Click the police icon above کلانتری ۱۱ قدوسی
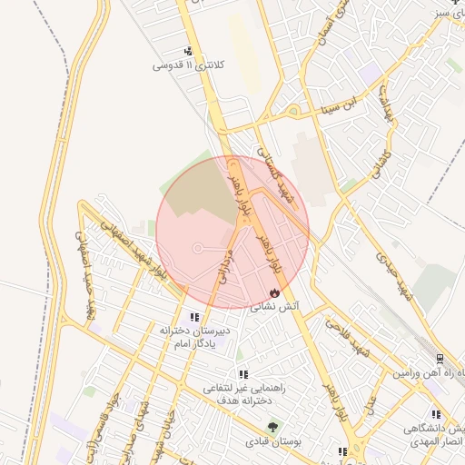tap(188, 52)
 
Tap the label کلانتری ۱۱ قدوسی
tap(188, 65)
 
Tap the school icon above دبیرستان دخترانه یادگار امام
tap(194, 317)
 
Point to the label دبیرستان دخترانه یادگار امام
tap(198, 336)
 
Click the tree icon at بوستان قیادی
tap(271, 428)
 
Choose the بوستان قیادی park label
tap(271, 442)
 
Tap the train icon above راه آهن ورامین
tap(440, 360)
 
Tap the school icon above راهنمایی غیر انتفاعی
tap(242, 374)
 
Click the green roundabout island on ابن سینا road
tap(294, 112)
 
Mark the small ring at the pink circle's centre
tap(198, 248)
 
